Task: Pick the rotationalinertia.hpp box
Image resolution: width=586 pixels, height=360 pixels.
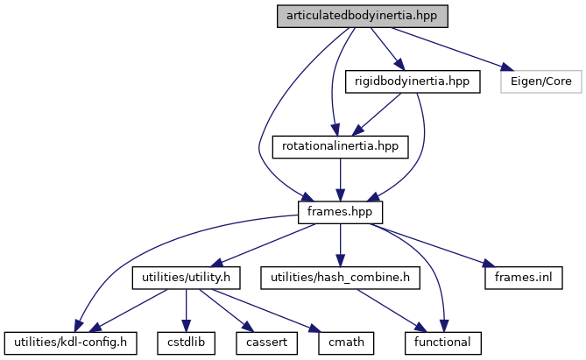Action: coord(341,146)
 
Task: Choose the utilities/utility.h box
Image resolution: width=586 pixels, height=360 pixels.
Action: coord(186,278)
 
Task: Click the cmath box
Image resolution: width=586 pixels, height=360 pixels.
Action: coord(335,342)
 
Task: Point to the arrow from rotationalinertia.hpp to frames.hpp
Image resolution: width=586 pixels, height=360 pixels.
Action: coord(341,180)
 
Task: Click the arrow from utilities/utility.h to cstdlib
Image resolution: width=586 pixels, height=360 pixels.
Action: coord(187,310)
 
